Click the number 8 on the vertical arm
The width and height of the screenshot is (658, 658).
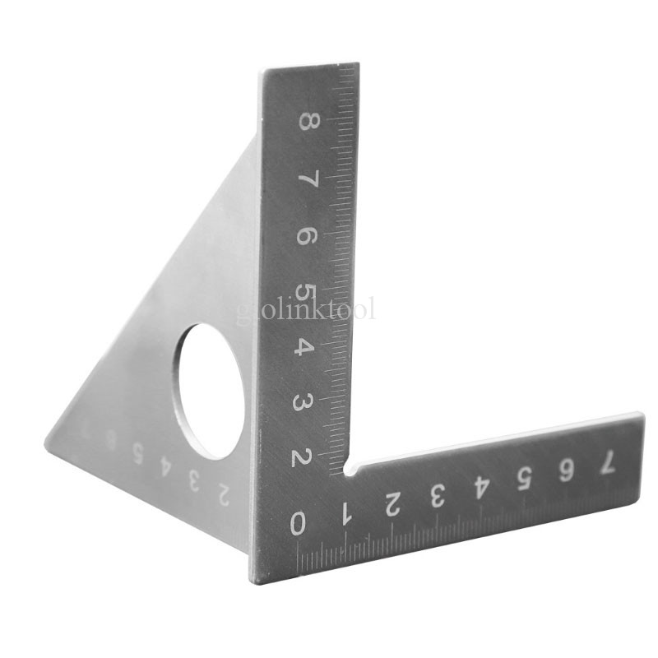coord(307,122)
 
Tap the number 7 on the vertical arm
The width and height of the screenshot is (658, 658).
coord(307,180)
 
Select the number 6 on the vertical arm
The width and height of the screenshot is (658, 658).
coord(305,237)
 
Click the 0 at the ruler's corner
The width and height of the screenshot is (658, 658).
coord(299,523)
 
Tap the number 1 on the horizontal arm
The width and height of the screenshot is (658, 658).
coord(345,515)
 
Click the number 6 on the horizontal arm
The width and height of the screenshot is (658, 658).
coord(565,470)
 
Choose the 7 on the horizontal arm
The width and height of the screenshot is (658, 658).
coord(607,463)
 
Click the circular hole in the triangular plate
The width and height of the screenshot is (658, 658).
coord(212,391)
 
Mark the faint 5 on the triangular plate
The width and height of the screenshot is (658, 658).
coord(137,451)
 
